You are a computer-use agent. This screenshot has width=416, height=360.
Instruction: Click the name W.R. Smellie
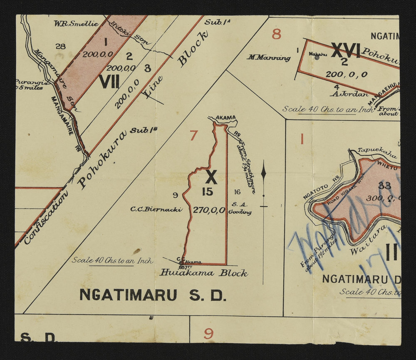(76, 24)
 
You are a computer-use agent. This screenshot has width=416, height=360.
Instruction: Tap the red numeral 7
(193, 135)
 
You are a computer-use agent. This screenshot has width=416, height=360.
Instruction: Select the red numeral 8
(277, 34)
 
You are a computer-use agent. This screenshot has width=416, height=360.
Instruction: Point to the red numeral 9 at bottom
(208, 333)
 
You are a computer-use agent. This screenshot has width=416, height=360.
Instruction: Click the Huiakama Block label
(204, 273)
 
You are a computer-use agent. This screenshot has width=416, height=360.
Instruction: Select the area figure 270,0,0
(209, 210)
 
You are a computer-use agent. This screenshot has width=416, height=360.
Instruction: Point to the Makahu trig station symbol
(317, 58)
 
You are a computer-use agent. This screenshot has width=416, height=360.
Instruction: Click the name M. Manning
(268, 58)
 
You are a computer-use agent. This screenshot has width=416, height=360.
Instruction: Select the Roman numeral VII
(109, 82)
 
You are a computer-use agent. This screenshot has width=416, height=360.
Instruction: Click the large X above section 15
(211, 177)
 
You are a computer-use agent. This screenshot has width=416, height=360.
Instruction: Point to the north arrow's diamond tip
(263, 171)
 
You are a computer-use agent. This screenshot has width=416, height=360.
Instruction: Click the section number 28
(60, 46)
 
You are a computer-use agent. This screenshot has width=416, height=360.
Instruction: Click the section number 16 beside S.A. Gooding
(237, 192)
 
